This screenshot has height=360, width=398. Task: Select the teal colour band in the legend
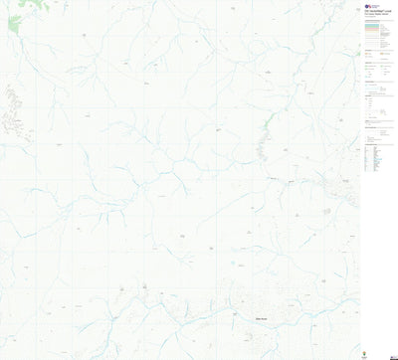coord(378,27)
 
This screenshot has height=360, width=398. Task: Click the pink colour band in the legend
coord(378,32)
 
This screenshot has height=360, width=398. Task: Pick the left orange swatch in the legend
coord(367,61)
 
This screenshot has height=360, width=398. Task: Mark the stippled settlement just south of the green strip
coord(264,149)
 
